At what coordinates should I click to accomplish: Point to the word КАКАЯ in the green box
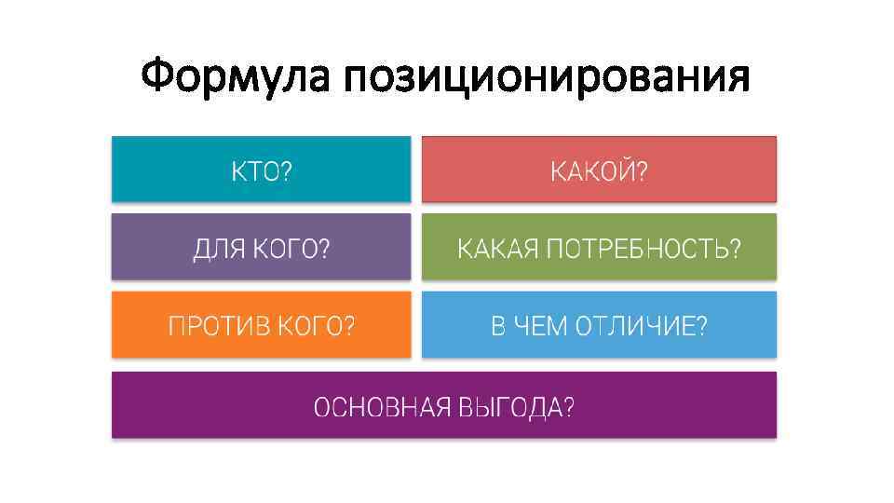tap(497, 250)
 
